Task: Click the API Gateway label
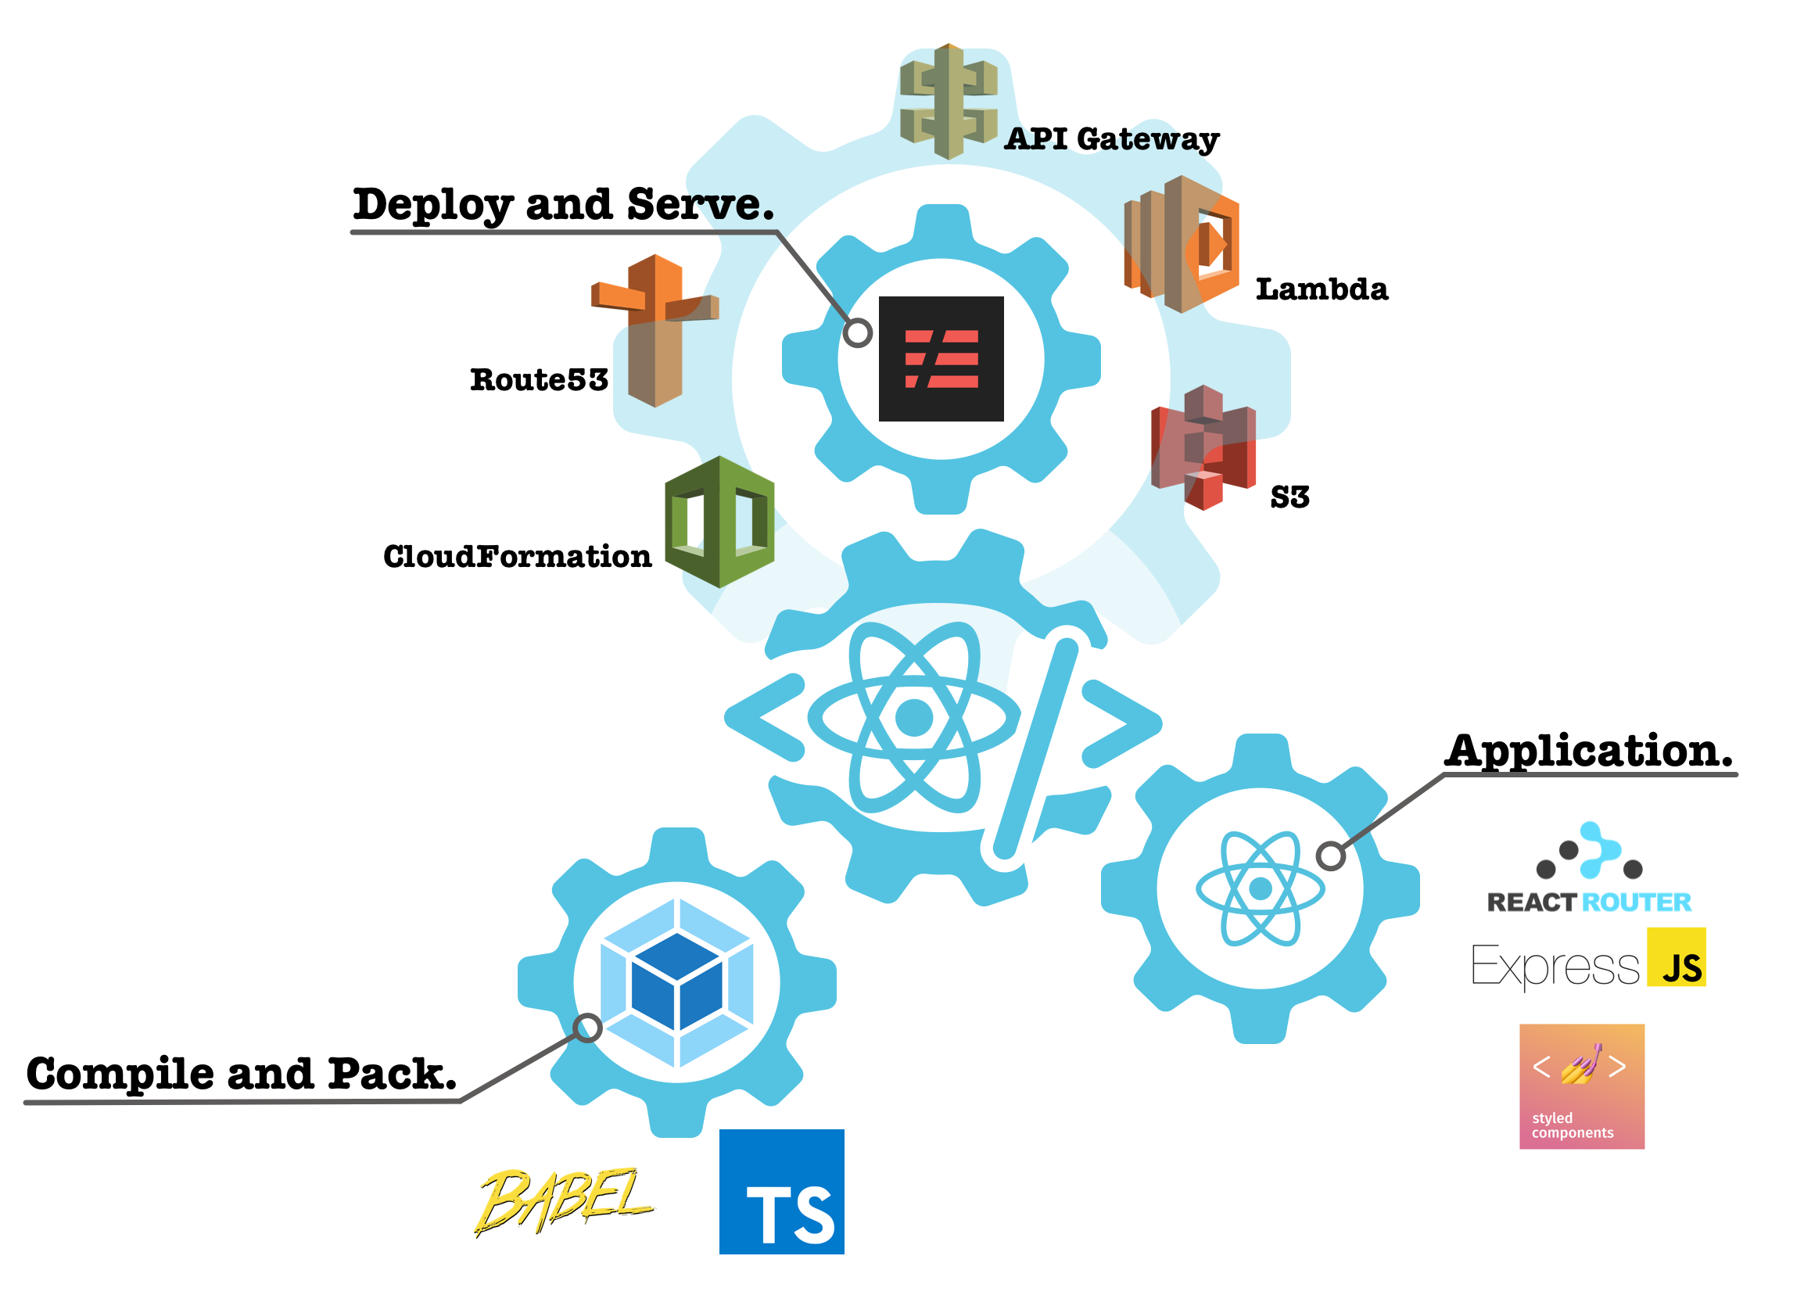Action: tap(1111, 139)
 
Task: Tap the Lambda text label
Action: tap(1322, 289)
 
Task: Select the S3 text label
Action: tap(1289, 497)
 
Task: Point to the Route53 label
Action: tap(539, 380)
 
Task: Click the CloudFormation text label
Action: tap(517, 557)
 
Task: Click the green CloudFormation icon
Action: tap(719, 522)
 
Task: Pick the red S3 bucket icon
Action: tap(1203, 447)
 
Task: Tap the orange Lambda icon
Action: tap(1182, 244)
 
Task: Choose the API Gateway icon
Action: tap(948, 102)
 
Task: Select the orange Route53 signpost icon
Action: tap(655, 330)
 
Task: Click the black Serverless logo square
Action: tap(941, 359)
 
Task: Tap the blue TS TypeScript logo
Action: tap(781, 1192)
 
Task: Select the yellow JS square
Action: tap(1676, 957)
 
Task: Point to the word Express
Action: tap(1555, 967)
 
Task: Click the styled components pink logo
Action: tap(1581, 1086)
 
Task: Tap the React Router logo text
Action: tap(1588, 902)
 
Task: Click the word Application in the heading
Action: tap(1587, 751)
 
